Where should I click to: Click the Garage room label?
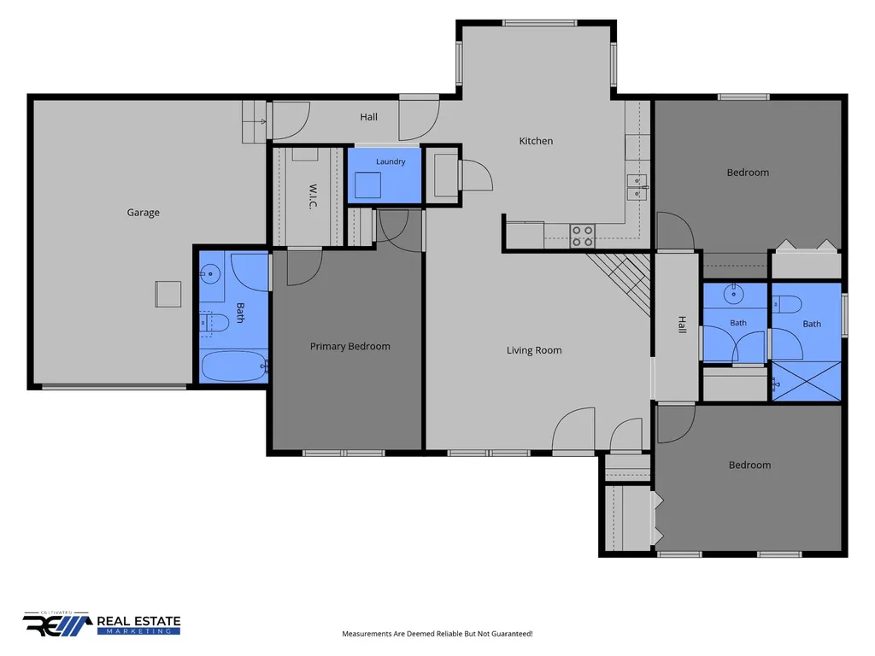(143, 213)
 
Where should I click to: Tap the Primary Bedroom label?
(349, 347)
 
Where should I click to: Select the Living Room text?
(534, 350)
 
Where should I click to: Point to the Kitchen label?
(536, 141)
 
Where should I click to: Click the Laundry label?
(391, 161)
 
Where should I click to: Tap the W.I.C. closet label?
(313, 196)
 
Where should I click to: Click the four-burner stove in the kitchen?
(582, 236)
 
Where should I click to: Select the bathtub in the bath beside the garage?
(234, 366)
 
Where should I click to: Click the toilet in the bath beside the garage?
(214, 322)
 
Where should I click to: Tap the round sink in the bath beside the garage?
(210, 274)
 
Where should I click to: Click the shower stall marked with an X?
(807, 381)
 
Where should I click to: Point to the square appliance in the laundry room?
(367, 184)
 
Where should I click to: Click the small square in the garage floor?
(168, 294)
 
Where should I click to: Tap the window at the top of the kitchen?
(539, 23)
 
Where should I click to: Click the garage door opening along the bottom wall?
(115, 386)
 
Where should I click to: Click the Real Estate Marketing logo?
(102, 624)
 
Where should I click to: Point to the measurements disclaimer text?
(437, 634)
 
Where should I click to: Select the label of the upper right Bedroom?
(748, 173)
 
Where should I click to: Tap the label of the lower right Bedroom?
(749, 466)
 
